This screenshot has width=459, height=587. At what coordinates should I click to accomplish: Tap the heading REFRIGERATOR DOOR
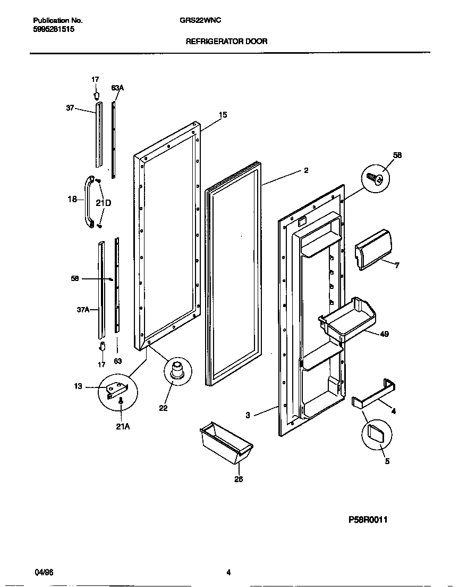(226, 41)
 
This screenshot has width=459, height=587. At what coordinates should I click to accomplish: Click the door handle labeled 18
(88, 202)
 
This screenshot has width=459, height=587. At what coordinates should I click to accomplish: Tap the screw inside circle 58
(377, 179)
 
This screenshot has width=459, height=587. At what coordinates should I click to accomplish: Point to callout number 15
(223, 114)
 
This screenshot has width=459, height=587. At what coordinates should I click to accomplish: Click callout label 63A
(117, 88)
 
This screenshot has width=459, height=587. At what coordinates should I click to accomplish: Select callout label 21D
(104, 203)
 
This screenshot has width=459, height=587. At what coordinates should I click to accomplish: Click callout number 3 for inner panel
(248, 416)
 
